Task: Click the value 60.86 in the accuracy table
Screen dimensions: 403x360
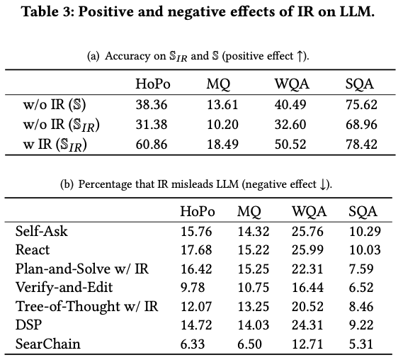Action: pos(152,145)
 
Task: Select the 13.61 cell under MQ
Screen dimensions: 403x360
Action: pos(222,105)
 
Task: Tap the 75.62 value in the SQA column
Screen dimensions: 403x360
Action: pos(361,105)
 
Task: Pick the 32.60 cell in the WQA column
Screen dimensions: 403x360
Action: pos(290,125)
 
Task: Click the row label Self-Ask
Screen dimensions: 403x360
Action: pos(41,231)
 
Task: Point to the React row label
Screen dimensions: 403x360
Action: pos(33,250)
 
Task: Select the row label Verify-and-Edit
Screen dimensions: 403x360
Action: pos(64,288)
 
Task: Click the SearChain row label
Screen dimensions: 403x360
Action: pos(47,344)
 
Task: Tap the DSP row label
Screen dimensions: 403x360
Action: pos(28,325)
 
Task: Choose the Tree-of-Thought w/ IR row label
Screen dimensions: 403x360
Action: pos(86,306)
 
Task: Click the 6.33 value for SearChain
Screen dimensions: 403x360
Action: pos(193,344)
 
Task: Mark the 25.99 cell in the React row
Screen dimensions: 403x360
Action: pos(307,250)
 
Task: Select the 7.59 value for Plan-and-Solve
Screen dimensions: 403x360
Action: pos(361,269)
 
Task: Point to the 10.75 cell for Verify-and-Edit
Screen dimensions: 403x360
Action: pos(254,288)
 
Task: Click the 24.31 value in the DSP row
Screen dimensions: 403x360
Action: pos(307,325)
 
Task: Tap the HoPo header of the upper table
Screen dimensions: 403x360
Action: pos(153,84)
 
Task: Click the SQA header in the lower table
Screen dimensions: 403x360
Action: pos(363,212)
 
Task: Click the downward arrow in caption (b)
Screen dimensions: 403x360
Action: pos(323,184)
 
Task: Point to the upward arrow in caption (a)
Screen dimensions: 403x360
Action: pos(300,56)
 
